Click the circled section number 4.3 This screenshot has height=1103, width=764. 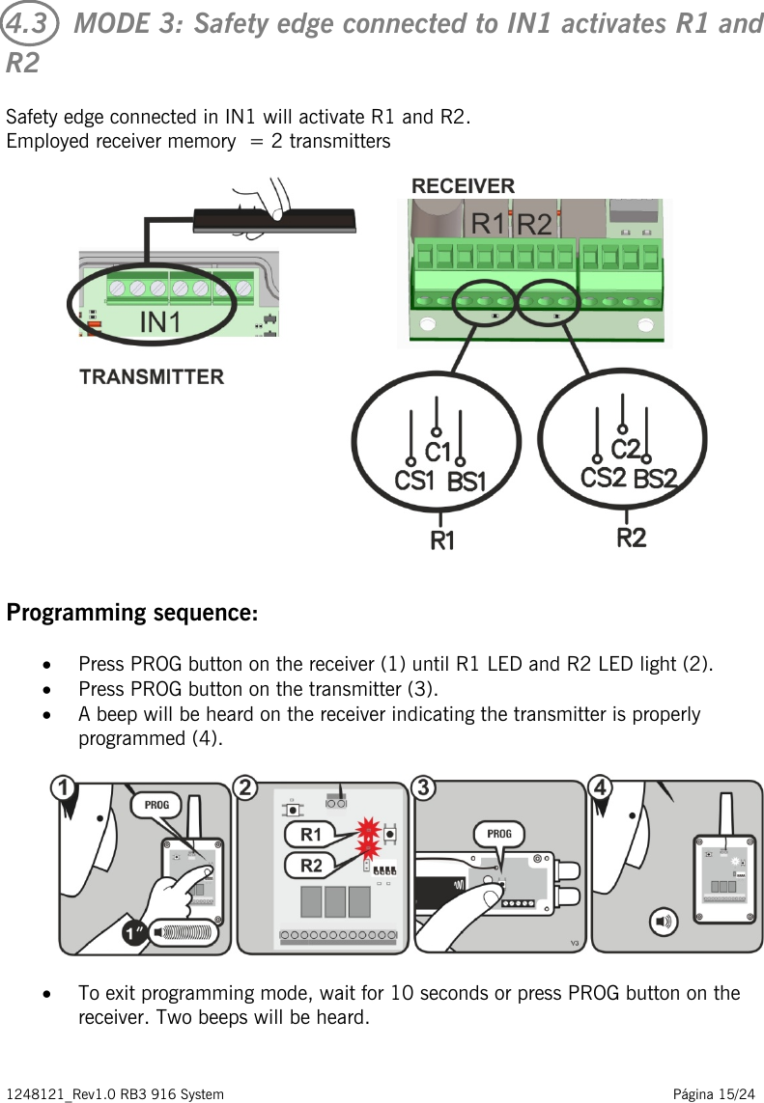(29, 24)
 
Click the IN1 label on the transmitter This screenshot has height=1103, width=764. (159, 322)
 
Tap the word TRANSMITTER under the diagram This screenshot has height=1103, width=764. (152, 377)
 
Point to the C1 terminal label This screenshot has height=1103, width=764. (439, 451)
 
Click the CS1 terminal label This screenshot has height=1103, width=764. (414, 480)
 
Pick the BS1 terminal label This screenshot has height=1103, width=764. (466, 481)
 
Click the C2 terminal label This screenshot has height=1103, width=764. (626, 449)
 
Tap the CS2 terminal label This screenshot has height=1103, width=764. (603, 477)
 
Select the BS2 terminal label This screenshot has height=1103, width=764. (656, 478)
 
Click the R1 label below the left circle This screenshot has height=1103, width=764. (442, 541)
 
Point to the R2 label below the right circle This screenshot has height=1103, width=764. (632, 538)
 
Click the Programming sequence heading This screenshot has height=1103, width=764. (132, 613)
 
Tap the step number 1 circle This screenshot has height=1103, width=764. (64, 788)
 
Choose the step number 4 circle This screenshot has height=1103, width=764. (601, 788)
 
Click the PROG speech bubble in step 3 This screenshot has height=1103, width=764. (499, 833)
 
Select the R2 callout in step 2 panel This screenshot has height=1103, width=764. (311, 865)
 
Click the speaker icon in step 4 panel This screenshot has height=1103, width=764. (666, 922)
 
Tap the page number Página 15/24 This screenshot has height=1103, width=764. (714, 1093)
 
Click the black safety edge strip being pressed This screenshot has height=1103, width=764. (274, 221)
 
